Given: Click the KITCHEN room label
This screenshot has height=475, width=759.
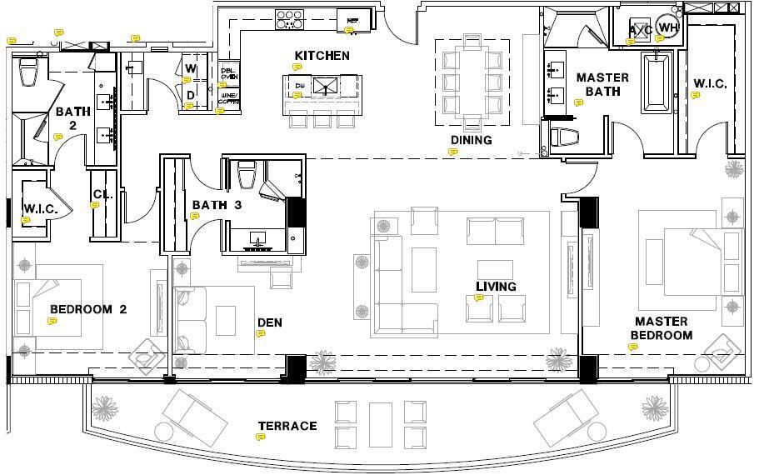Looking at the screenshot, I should point(321,56).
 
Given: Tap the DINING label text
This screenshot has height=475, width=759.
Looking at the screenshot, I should point(472,140).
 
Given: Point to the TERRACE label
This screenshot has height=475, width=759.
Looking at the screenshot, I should point(287,426).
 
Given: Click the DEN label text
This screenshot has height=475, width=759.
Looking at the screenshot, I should point(269,322).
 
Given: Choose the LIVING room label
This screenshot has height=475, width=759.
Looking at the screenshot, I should point(496,287).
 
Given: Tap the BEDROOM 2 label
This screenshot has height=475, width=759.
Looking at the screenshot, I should point(88,309).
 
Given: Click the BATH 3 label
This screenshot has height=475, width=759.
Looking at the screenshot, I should point(216,205).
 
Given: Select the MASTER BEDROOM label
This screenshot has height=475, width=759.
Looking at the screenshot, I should point(661,328).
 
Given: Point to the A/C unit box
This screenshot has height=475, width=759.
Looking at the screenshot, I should point(640,30).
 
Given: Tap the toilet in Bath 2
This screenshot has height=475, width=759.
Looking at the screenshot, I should point(28,72).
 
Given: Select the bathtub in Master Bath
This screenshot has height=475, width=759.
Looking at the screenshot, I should point(657,82).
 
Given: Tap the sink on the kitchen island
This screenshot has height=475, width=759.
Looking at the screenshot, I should point(327,84).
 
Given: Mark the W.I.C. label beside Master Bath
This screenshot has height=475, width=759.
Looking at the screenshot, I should point(710,84).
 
